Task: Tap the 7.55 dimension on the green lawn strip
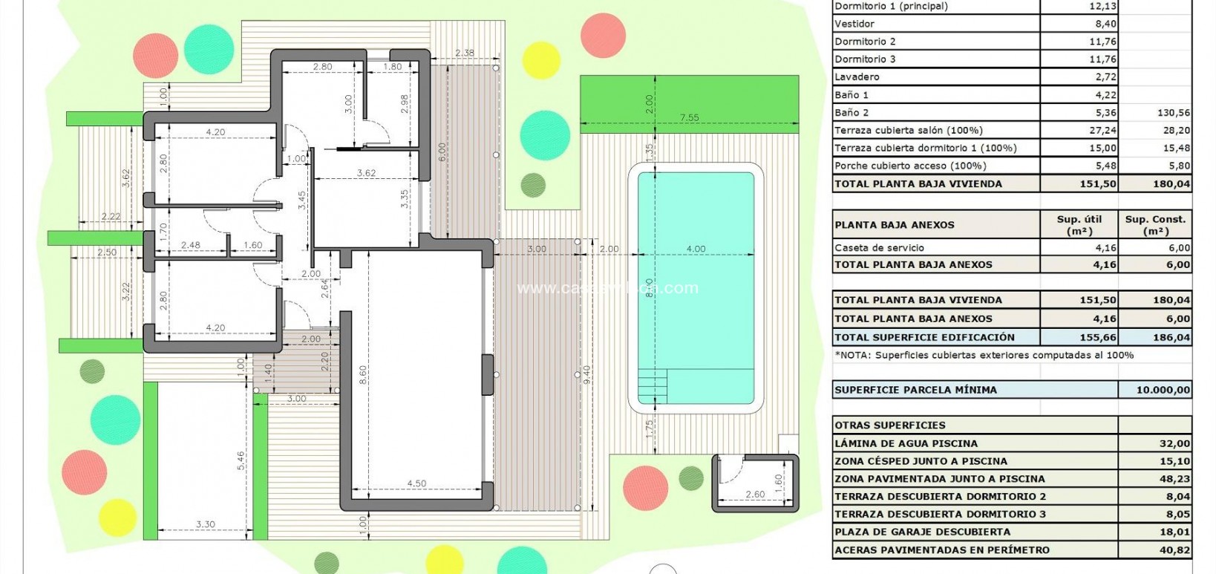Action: (688, 117)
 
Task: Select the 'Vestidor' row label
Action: (854, 24)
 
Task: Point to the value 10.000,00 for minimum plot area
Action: (1163, 390)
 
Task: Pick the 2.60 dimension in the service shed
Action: (754, 495)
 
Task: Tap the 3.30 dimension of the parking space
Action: (206, 524)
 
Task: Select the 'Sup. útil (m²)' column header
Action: (1079, 224)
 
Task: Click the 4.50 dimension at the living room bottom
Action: (416, 483)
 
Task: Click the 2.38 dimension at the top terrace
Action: (465, 53)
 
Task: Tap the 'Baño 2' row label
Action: (851, 113)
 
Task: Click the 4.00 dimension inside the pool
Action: (695, 249)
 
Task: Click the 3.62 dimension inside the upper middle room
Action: (366, 173)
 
